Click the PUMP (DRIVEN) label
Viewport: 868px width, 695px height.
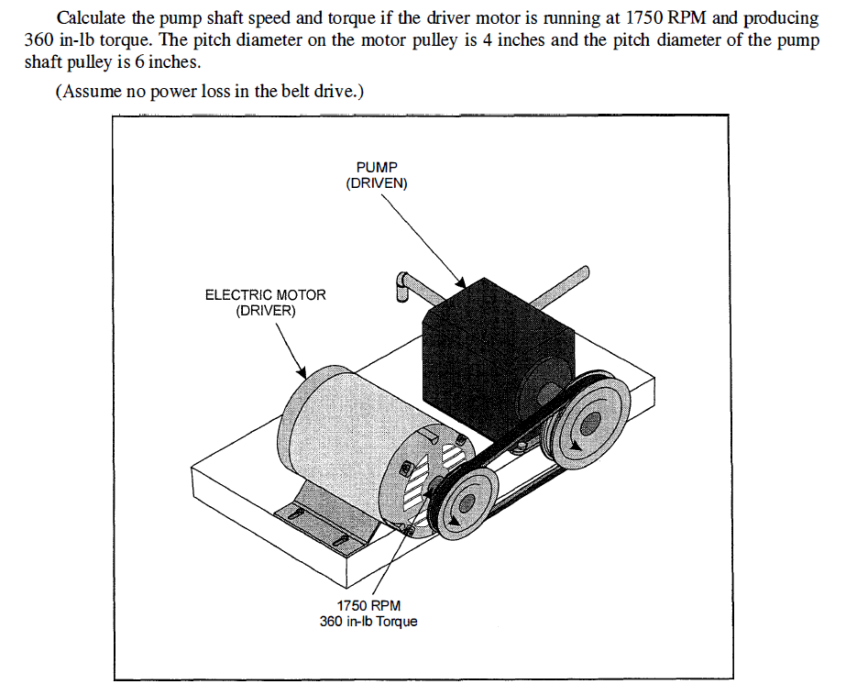pos(377,176)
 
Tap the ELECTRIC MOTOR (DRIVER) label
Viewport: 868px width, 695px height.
pos(265,303)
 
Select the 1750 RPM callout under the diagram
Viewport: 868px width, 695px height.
pos(368,606)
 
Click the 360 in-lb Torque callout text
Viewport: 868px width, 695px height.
pos(368,622)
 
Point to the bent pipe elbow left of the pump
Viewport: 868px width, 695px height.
pos(404,285)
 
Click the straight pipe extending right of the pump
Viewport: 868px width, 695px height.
pos(559,285)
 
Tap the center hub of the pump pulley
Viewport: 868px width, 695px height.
pos(587,422)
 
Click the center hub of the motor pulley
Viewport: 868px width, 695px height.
pos(467,502)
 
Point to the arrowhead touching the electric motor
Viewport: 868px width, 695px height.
pos(303,371)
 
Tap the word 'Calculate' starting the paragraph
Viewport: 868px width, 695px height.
pos(89,19)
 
